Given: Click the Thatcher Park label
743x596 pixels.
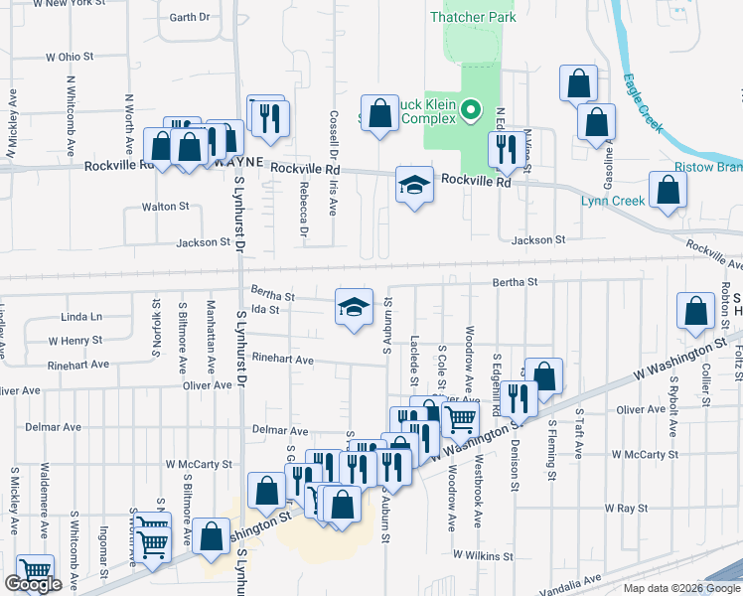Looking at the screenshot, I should tap(473, 17).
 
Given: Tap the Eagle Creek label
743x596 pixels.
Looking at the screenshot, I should tap(643, 103).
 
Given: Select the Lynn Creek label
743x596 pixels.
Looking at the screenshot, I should tap(613, 201).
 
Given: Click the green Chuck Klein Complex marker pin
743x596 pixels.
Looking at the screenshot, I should tap(473, 111).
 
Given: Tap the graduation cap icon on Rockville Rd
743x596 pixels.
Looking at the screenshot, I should tap(415, 185).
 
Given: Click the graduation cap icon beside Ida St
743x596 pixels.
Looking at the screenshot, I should tap(353, 308).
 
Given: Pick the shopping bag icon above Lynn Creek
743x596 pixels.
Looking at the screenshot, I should tap(668, 191).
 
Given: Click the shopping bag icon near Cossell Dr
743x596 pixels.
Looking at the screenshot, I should tap(379, 113).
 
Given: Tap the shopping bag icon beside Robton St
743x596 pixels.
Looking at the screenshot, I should tap(697, 311).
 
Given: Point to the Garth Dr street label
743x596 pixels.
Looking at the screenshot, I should tap(190, 18).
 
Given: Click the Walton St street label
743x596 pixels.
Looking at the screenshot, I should tap(165, 207).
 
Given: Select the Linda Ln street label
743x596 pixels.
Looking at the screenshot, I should tap(81, 317).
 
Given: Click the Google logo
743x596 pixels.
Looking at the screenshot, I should tap(33, 585).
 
